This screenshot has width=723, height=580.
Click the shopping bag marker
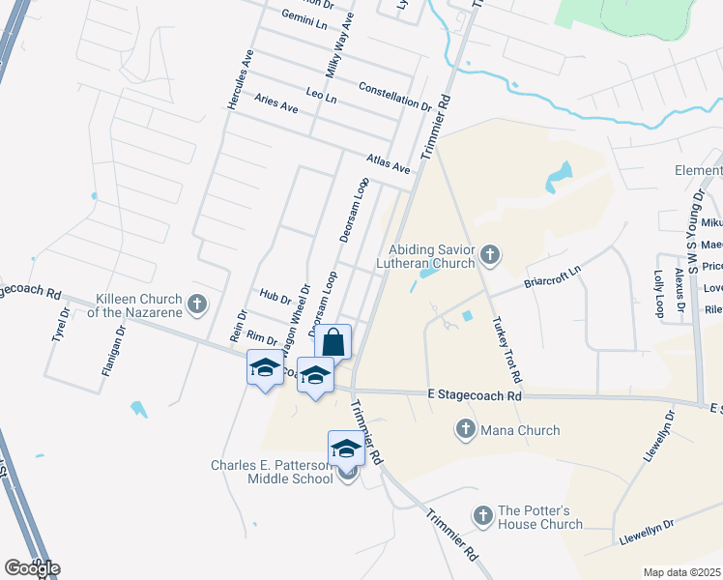click(x=333, y=342)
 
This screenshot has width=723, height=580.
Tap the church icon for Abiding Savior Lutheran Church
click(x=490, y=254)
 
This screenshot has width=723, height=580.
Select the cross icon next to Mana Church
click(x=465, y=428)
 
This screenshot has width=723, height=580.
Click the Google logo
click(x=32, y=567)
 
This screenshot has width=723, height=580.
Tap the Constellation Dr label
click(x=393, y=96)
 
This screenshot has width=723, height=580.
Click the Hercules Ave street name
click(x=234, y=79)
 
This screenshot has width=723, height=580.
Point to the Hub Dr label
click(x=269, y=294)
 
